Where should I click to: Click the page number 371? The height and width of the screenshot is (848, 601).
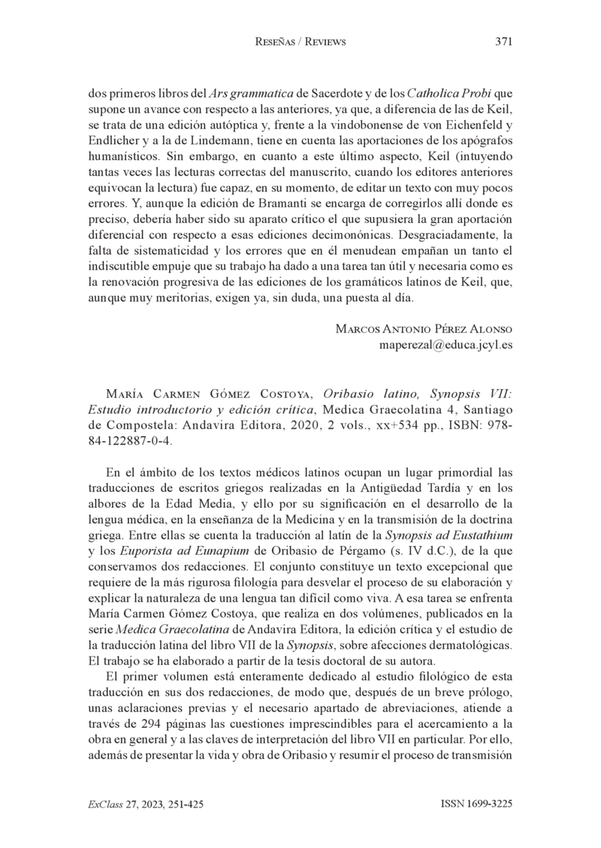point(503,42)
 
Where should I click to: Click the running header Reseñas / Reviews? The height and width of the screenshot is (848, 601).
point(300,42)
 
